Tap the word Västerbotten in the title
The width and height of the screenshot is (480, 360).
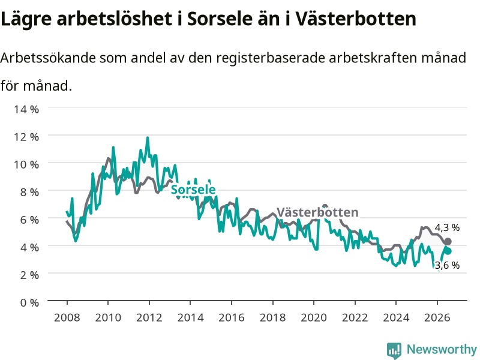(x=356, y=19)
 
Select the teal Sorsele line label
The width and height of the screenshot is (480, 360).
(x=193, y=190)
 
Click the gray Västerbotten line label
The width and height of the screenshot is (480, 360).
(x=317, y=212)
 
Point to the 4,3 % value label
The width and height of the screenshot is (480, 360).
(x=447, y=227)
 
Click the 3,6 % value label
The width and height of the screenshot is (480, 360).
(x=447, y=265)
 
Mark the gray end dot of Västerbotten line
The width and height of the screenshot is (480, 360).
(x=448, y=241)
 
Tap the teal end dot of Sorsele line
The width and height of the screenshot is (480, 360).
(x=448, y=251)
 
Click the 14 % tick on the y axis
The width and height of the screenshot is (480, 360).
(x=26, y=109)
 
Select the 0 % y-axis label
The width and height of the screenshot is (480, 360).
(x=29, y=302)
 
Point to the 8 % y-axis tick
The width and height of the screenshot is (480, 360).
(x=29, y=192)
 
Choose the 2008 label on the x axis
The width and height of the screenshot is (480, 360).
(x=67, y=317)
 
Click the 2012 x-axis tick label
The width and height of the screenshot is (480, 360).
(x=149, y=317)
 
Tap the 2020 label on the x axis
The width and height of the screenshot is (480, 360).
(x=314, y=317)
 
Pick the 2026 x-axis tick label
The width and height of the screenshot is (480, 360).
(x=437, y=317)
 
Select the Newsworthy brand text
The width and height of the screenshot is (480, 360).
(x=442, y=349)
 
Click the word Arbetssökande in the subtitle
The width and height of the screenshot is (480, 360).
(x=48, y=58)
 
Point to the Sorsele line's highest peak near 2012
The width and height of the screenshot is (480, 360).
(x=148, y=137)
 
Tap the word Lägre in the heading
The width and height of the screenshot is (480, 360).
(x=26, y=19)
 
